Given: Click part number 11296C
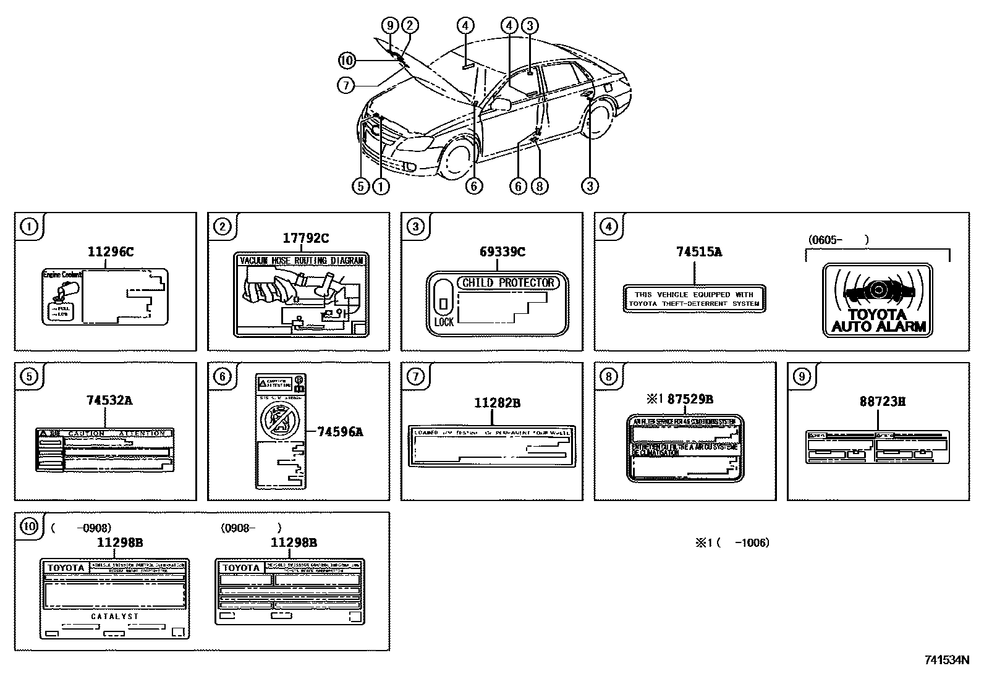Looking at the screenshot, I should click(110, 252).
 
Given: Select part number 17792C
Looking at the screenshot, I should click(306, 238).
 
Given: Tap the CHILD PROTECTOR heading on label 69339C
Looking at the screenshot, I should click(508, 283).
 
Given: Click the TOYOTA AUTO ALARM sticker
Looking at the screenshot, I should click(878, 300).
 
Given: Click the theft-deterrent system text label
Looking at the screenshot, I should click(694, 299).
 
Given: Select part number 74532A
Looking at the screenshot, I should click(109, 400).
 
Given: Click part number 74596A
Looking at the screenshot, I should click(340, 432).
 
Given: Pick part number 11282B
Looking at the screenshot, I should click(497, 403).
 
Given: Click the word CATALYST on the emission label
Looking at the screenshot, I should click(115, 617).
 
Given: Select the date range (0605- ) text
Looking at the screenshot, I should click(838, 240).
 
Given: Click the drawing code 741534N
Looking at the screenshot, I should click(946, 660).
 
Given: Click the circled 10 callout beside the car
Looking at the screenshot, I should click(347, 61).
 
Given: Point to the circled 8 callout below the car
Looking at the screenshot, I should click(539, 185).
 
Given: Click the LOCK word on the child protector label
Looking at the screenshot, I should click(444, 322).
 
